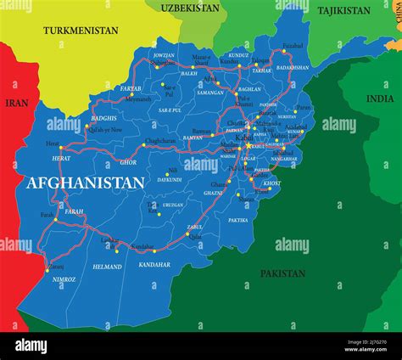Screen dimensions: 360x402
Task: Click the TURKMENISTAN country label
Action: [x=81, y=30]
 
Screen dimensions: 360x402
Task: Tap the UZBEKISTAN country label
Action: [x=189, y=8]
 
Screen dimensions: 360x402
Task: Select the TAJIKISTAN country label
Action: [x=343, y=11]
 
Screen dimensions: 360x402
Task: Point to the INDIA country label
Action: [x=380, y=98]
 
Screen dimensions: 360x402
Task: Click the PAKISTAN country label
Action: [x=282, y=273]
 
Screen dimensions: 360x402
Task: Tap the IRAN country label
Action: [x=16, y=102]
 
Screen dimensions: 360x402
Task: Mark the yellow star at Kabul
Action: [x=248, y=145]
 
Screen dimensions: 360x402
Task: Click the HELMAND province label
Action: [x=107, y=267]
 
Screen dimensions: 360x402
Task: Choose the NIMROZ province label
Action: [x=64, y=278]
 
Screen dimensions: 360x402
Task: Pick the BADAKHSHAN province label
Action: [x=293, y=66]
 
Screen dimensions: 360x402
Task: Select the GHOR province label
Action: [x=128, y=161]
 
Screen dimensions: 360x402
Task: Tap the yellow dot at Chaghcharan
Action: [x=143, y=145]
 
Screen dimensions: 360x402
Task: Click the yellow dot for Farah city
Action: [x=56, y=219]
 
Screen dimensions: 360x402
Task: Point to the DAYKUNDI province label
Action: [x=170, y=180]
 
